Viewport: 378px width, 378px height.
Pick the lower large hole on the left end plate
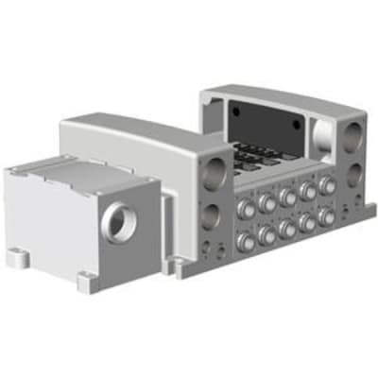[x=215, y=215]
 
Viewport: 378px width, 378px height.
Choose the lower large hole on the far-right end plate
[x=356, y=174]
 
